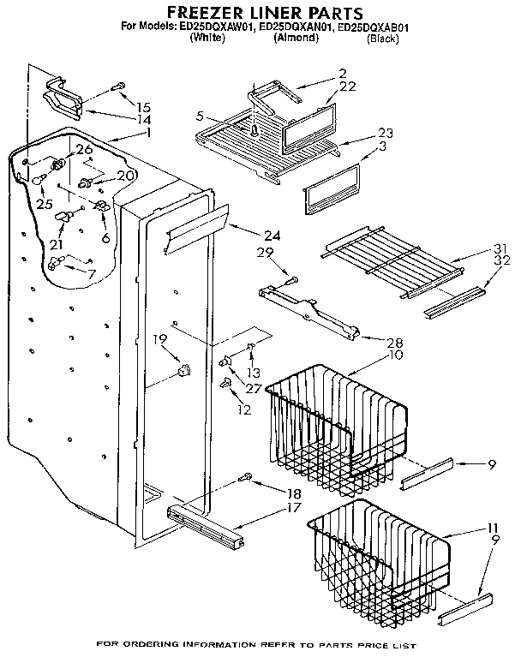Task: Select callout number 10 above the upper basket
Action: (x=370, y=355)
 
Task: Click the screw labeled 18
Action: (x=247, y=476)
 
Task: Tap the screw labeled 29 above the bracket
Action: (x=288, y=278)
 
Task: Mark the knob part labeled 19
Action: (x=183, y=370)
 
